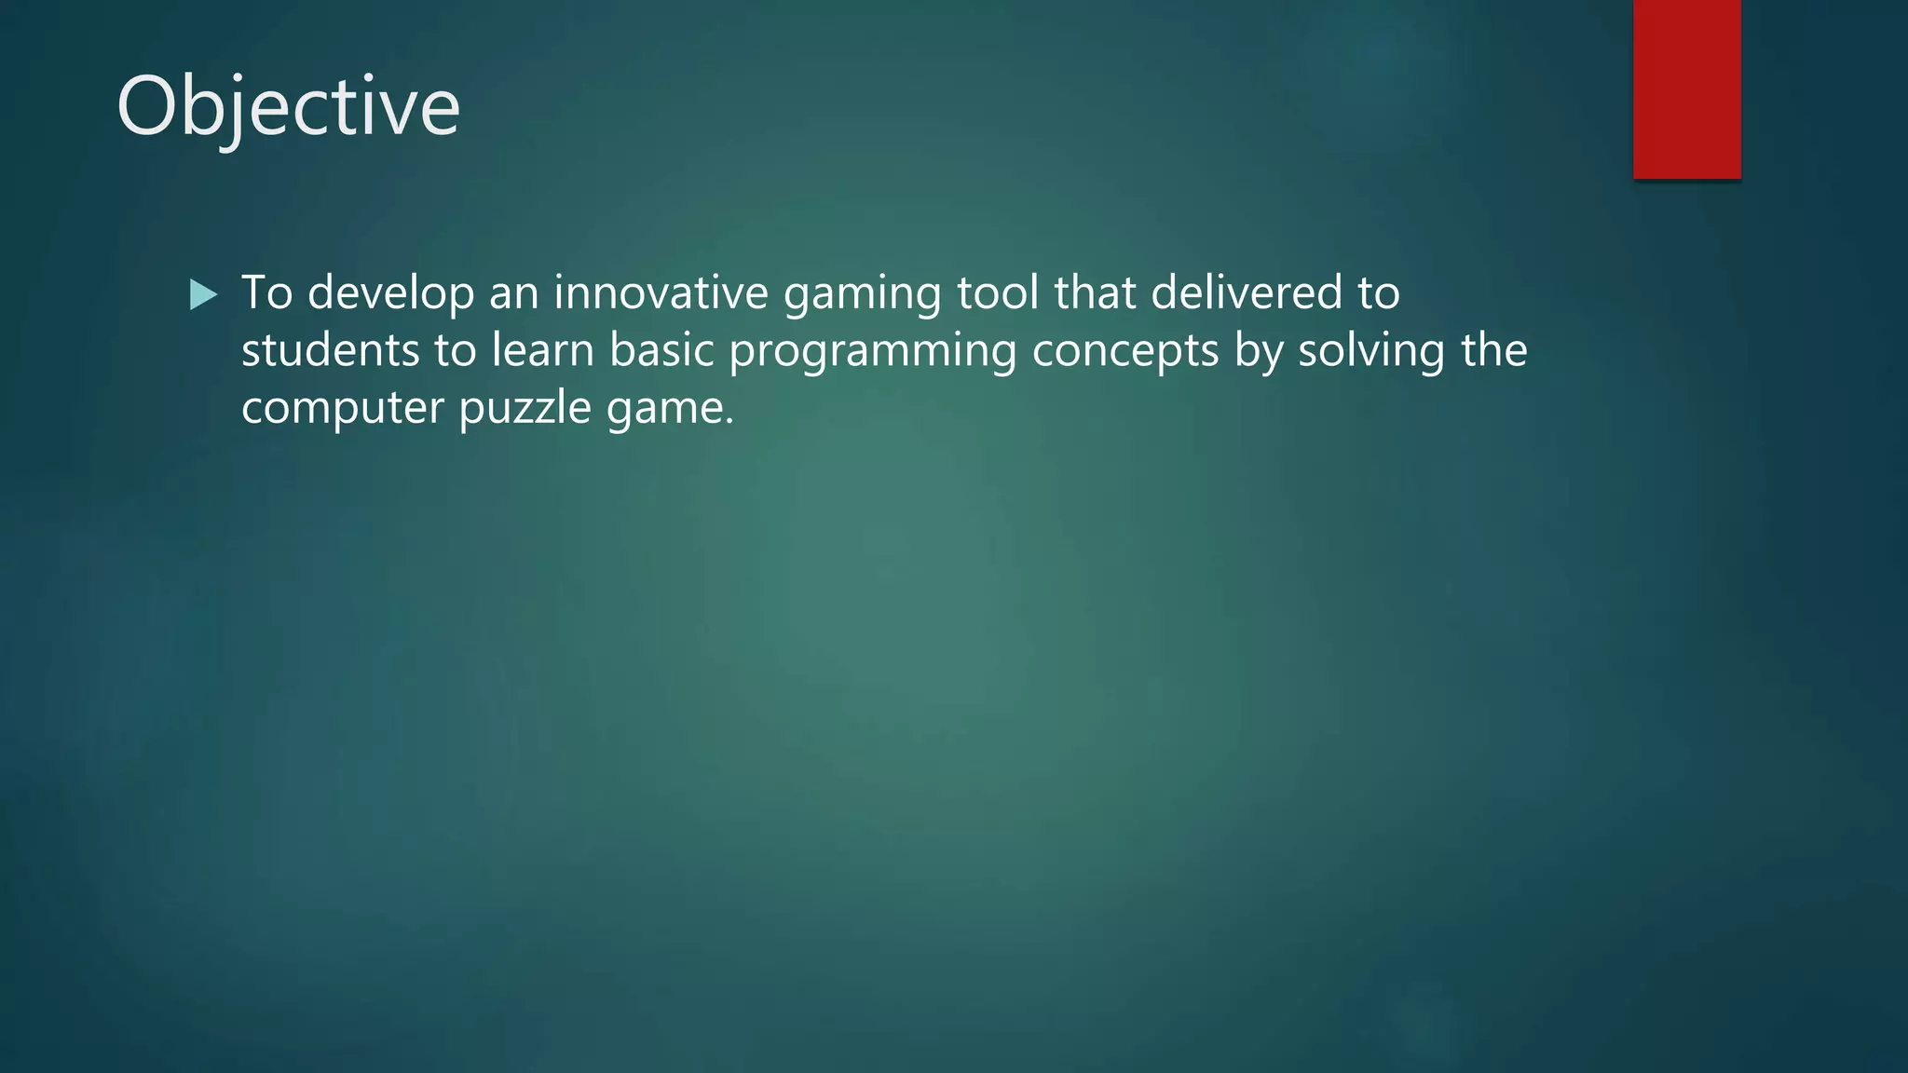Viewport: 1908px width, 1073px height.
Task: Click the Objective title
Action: coord(288,108)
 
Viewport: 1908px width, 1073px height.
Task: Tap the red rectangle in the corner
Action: coord(1686,89)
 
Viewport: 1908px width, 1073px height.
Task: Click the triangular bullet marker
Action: coord(202,295)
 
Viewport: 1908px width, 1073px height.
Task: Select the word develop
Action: coord(390,294)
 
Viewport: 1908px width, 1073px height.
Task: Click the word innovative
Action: coord(661,292)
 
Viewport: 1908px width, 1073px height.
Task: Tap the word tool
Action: coord(997,292)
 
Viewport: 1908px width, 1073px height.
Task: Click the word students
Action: coord(330,351)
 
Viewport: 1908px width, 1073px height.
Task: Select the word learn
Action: coord(542,351)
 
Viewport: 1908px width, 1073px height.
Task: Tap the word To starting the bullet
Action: coord(266,292)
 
